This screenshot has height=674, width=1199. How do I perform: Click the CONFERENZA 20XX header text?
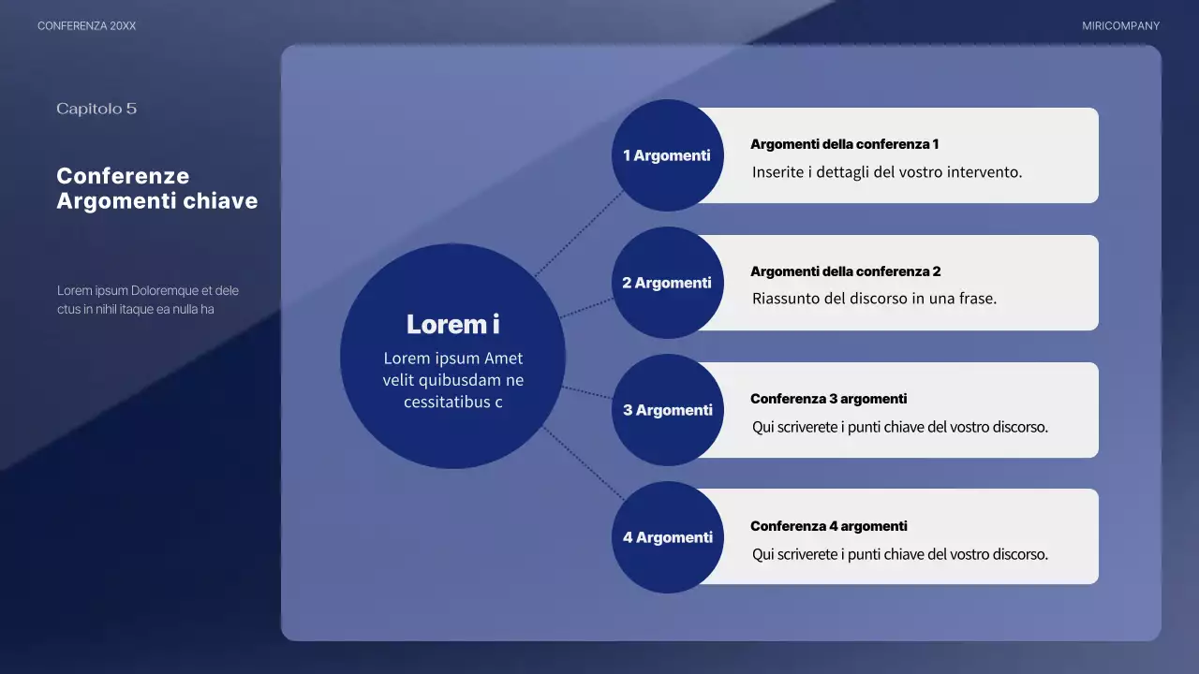[86, 26]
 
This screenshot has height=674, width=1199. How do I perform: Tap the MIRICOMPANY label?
[1120, 26]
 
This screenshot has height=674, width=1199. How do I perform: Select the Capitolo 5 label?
[96, 109]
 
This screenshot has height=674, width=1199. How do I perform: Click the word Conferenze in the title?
[123, 176]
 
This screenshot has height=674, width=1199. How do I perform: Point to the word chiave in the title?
[220, 201]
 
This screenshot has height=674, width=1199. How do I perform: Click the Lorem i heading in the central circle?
[452, 325]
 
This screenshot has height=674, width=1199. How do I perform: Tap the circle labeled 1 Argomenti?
[667, 155]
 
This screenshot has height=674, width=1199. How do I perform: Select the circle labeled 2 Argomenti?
[667, 283]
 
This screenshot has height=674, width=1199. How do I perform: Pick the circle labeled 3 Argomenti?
[667, 410]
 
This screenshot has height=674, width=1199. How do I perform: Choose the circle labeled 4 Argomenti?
[667, 537]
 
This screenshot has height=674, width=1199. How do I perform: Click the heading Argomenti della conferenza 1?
[844, 144]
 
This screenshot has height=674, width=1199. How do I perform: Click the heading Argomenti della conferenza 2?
[845, 271]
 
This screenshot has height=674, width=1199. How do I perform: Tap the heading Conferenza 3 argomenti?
[828, 399]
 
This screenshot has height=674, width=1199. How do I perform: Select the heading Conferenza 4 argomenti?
[828, 526]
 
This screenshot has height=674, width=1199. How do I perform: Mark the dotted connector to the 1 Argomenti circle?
[580, 233]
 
